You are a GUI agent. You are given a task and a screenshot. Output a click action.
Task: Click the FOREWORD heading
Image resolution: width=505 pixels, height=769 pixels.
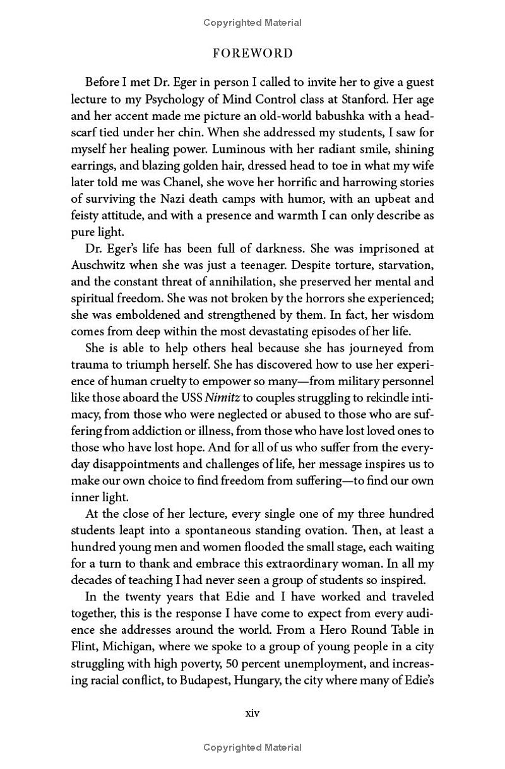[x=252, y=54]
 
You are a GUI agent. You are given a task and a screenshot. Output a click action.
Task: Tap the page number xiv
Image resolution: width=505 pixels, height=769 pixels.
[x=252, y=713]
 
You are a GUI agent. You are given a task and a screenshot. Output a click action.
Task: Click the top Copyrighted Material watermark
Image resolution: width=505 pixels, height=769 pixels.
[x=252, y=23]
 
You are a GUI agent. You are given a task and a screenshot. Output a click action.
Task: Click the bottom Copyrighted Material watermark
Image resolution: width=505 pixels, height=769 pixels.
[x=252, y=748]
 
